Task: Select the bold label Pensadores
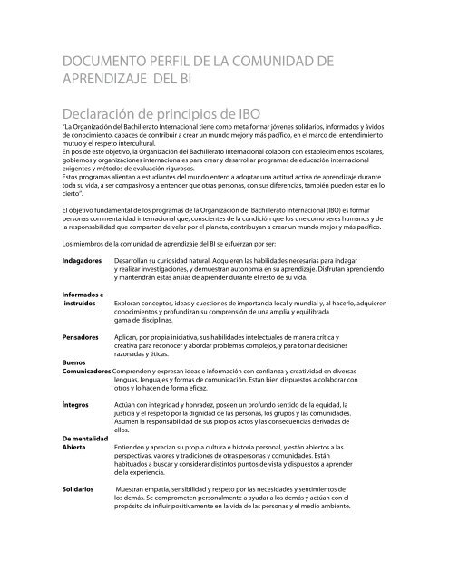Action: coord(81,334)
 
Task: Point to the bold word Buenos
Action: coord(73,362)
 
